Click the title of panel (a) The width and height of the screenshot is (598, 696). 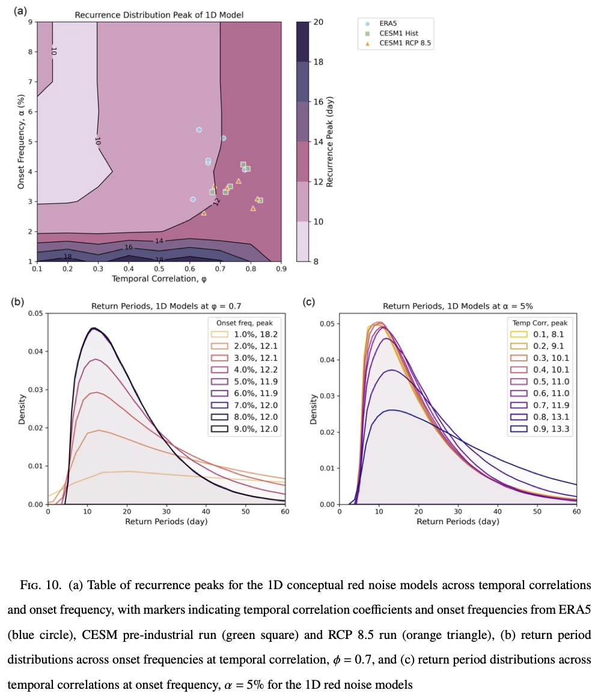point(159,14)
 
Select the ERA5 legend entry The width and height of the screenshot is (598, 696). point(382,23)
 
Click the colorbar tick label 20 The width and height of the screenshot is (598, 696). point(319,22)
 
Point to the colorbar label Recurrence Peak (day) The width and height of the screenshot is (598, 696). point(330,141)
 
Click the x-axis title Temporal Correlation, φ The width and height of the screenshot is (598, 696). point(159,279)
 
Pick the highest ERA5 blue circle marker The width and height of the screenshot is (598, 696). point(199,130)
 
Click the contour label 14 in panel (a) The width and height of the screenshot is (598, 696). point(159,241)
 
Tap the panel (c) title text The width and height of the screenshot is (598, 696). point(458,305)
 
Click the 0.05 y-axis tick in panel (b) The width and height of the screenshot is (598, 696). point(35,313)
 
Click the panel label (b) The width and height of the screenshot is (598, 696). point(17,301)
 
